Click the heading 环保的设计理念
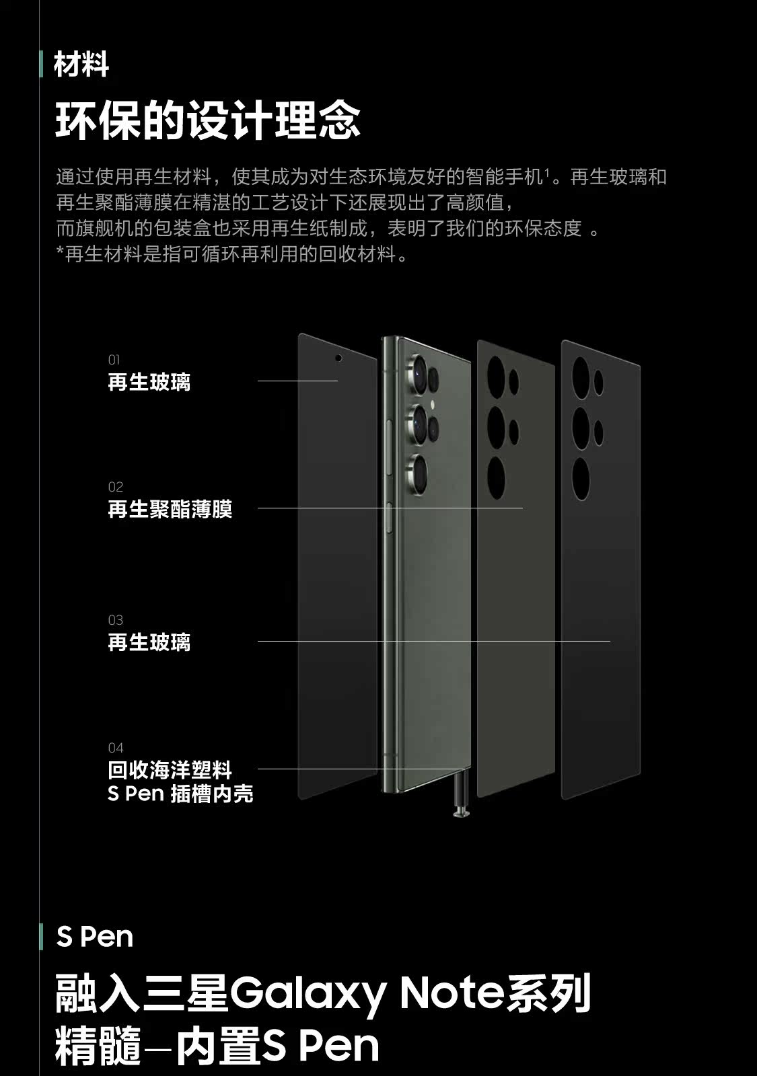click(x=207, y=121)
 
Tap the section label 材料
click(x=81, y=65)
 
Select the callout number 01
click(x=114, y=360)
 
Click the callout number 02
click(x=115, y=487)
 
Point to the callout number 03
click(x=115, y=620)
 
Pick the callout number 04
click(x=115, y=748)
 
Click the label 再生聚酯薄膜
click(x=170, y=509)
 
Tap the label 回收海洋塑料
click(x=170, y=770)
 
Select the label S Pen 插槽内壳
click(x=180, y=794)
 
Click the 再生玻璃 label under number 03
click(x=149, y=642)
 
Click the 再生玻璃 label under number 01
click(x=149, y=382)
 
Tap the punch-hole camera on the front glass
click(x=338, y=358)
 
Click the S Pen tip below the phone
click(x=460, y=812)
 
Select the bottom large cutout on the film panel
click(x=496, y=478)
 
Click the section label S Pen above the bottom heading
click(x=94, y=937)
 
